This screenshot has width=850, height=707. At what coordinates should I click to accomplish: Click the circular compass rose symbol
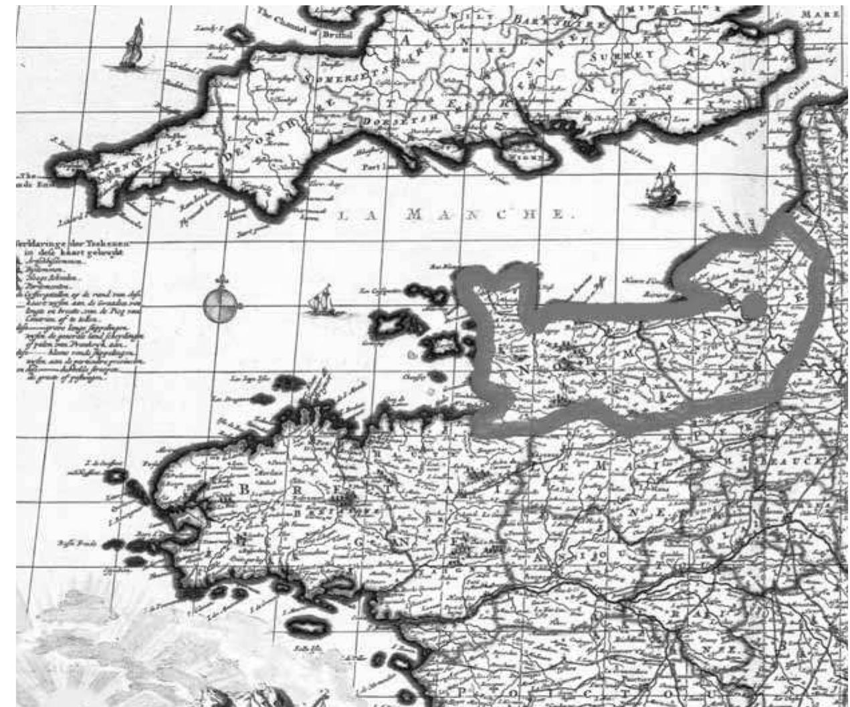(x=221, y=306)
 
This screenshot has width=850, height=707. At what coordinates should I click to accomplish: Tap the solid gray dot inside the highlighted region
(x=752, y=306)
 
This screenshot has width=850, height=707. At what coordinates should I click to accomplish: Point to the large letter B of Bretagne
(x=244, y=489)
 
